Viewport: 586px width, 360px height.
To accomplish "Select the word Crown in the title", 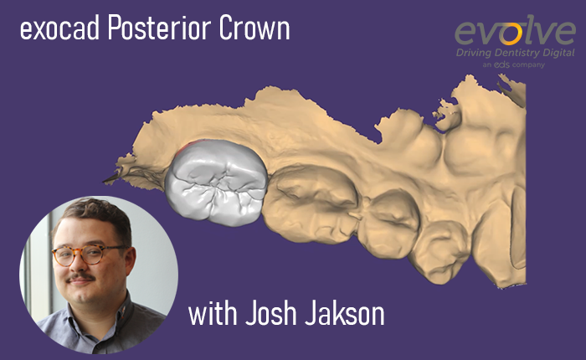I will pos(254,31).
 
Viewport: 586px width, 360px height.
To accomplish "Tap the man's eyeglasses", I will pos(87,255).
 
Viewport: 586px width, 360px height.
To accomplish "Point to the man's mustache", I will pos(84,275).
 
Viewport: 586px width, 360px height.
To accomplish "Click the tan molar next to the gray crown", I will pos(310,199).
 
